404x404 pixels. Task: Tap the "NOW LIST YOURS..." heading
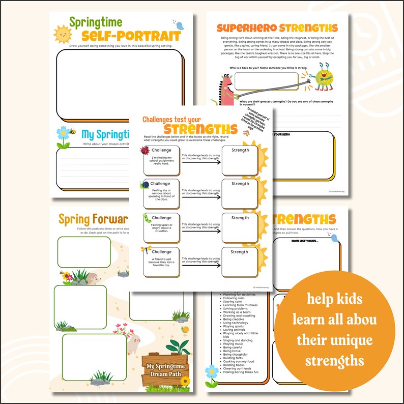305,241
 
